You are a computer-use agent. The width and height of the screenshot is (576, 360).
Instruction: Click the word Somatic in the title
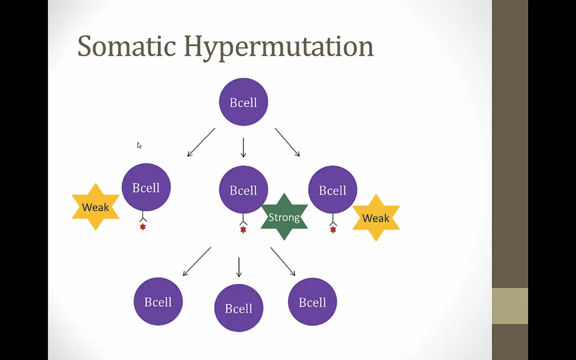pyautogui.click(x=126, y=46)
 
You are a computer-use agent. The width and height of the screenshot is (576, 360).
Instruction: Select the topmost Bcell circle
pyautogui.click(x=243, y=102)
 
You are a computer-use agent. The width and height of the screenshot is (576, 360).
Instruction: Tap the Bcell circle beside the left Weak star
pyautogui.click(x=146, y=187)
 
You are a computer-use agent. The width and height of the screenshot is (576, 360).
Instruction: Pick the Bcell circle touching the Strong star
pyautogui.click(x=243, y=189)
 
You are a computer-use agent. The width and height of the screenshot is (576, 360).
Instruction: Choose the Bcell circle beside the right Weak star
pyautogui.click(x=332, y=189)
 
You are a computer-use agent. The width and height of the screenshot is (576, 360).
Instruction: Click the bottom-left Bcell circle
pyautogui.click(x=158, y=301)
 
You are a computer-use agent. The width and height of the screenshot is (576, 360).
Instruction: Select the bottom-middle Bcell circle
pyautogui.click(x=239, y=308)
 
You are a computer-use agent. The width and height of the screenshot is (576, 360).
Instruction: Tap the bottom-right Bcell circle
pyautogui.click(x=312, y=302)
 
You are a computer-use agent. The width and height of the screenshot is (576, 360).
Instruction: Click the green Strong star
pyautogui.click(x=284, y=217)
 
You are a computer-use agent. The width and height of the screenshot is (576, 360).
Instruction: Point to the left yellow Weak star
pyautogui.click(x=96, y=207)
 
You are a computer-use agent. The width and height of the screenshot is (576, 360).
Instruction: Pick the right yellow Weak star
pyautogui.click(x=376, y=218)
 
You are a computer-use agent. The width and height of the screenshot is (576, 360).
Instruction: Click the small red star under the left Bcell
pyautogui.click(x=143, y=227)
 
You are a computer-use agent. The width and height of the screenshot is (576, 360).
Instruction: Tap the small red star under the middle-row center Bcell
pyautogui.click(x=243, y=230)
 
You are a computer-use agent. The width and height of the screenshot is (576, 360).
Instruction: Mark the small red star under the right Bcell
pyautogui.click(x=333, y=230)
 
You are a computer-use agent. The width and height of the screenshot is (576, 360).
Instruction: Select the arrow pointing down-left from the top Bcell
pyautogui.click(x=201, y=142)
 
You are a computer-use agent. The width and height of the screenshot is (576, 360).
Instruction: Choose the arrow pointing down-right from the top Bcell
pyautogui.click(x=287, y=142)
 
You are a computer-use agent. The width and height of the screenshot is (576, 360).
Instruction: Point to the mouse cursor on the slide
pyautogui.click(x=139, y=145)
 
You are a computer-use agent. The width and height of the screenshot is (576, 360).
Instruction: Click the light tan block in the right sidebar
pyautogui.click(x=510, y=306)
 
